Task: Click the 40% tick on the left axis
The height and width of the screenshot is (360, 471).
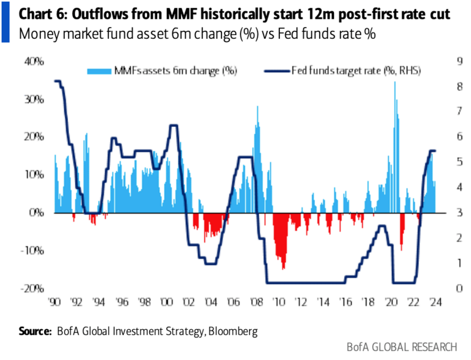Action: (x=35, y=62)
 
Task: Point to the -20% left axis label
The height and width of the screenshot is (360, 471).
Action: (x=33, y=288)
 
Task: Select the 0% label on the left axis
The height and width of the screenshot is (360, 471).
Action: (x=37, y=212)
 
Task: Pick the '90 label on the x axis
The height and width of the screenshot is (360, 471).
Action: (x=55, y=301)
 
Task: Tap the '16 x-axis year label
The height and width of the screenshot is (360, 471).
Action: (x=346, y=301)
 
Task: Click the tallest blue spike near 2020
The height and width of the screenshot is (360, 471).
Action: (x=395, y=83)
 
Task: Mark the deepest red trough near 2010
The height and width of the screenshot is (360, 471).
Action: (x=284, y=268)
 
